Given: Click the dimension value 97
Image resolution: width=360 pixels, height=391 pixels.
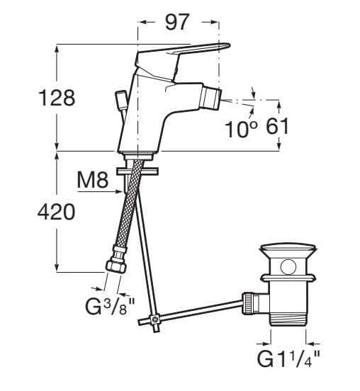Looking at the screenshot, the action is pyautogui.click(x=176, y=23).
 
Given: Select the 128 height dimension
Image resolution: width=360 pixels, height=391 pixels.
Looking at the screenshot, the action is pyautogui.click(x=57, y=98).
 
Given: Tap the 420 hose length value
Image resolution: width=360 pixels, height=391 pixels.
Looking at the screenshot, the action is pyautogui.click(x=56, y=212).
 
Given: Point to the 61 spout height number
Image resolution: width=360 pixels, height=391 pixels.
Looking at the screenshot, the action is pyautogui.click(x=277, y=126).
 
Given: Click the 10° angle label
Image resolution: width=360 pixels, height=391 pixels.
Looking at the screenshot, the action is pyautogui.click(x=241, y=129).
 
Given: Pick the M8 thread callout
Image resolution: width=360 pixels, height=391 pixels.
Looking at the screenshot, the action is pyautogui.click(x=93, y=180).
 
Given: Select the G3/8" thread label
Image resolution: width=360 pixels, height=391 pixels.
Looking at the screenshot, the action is pyautogui.click(x=110, y=306).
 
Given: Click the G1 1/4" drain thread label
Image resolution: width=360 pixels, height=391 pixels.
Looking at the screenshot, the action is pyautogui.click(x=288, y=358).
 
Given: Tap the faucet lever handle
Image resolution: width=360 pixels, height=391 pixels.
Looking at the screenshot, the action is pyautogui.click(x=182, y=54).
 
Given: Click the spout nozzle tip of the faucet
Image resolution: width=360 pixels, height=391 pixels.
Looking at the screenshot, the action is pyautogui.click(x=212, y=98).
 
